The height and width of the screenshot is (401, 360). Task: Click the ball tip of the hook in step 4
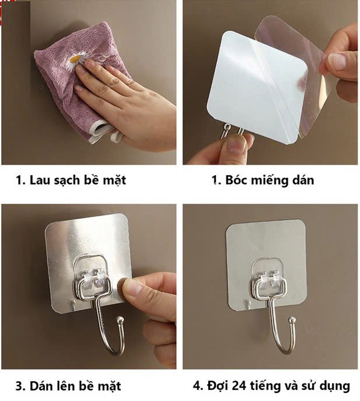pos(292,320)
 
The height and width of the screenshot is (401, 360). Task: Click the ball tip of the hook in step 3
pos(120,320)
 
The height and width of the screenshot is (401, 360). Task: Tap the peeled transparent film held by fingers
pos(294,72)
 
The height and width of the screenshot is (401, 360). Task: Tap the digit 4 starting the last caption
pos(197,386)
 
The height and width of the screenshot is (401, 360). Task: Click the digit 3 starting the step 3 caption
pos(19,386)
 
